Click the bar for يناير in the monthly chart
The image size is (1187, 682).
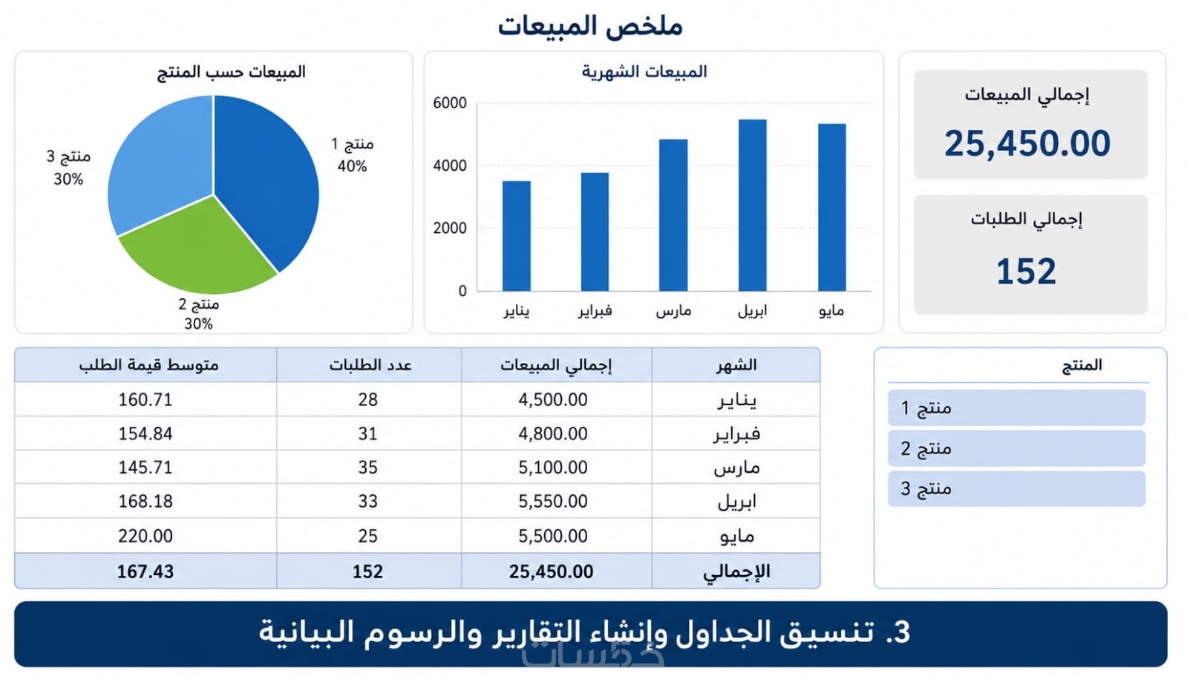[516, 236]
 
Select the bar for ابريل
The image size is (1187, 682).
[752, 205]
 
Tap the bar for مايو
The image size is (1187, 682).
[831, 207]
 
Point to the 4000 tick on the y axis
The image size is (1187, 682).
[450, 166]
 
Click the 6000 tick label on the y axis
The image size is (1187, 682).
[450, 103]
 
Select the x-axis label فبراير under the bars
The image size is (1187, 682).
[595, 310]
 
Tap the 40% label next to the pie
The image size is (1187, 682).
[352, 166]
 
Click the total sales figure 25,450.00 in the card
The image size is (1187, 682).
[1027, 144]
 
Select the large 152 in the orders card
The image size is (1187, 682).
[1027, 272]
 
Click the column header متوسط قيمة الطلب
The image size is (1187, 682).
[148, 365]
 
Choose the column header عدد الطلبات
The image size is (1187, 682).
[370, 365]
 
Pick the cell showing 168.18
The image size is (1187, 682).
[145, 502]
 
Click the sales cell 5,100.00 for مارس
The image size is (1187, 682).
[553, 468]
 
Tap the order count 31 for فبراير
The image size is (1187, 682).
[367, 434]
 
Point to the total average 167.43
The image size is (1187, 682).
[145, 571]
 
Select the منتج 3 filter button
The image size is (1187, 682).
[1016, 488]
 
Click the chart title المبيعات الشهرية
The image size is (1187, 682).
[644, 71]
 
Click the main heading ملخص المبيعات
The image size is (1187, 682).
[590, 25]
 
